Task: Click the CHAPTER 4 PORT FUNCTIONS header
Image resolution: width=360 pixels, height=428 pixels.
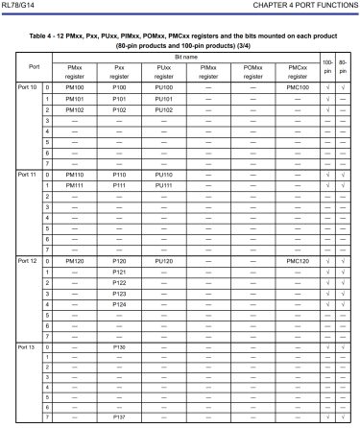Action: coord(304,8)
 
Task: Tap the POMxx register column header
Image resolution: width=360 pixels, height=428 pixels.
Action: coord(252,70)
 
